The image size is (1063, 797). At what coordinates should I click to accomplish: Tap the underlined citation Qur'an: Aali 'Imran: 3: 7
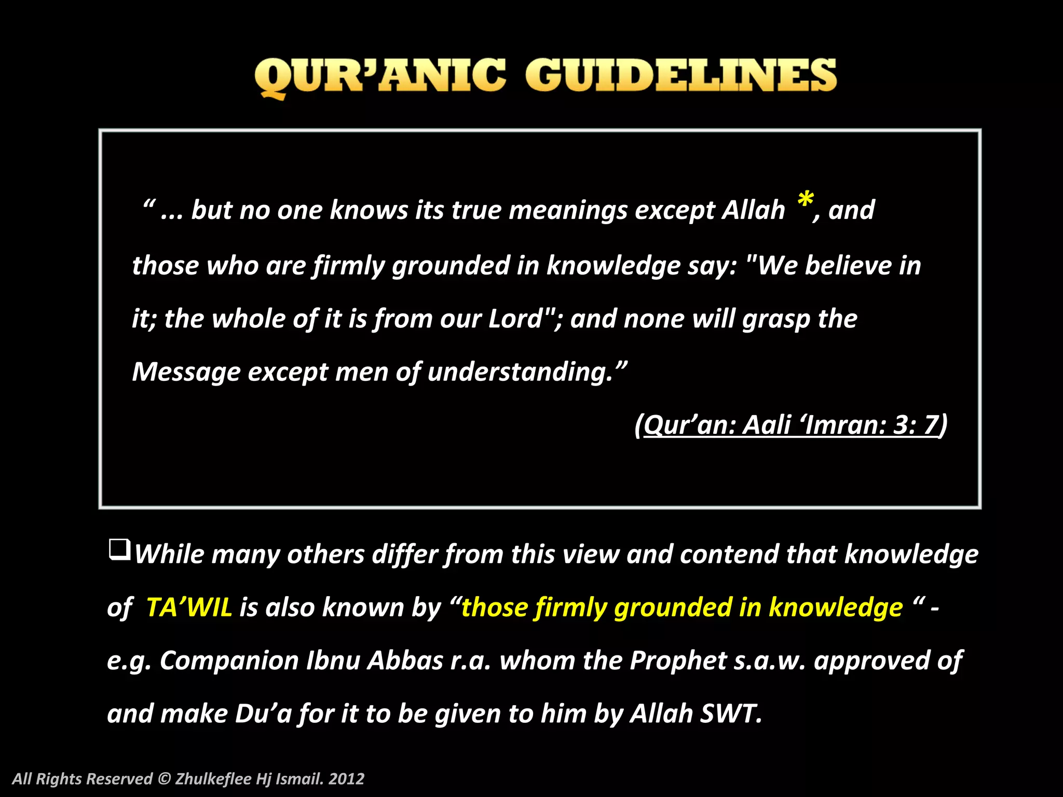pyautogui.click(x=791, y=425)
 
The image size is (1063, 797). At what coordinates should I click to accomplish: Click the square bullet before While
pyautogui.click(x=119, y=550)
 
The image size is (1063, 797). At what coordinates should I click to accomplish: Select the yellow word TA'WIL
pyautogui.click(x=189, y=607)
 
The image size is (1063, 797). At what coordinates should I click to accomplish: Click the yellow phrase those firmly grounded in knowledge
pyautogui.click(x=682, y=608)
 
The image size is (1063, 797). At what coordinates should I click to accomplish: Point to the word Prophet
pyautogui.click(x=678, y=661)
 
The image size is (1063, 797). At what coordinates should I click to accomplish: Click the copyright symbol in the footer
pyautogui.click(x=164, y=779)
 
